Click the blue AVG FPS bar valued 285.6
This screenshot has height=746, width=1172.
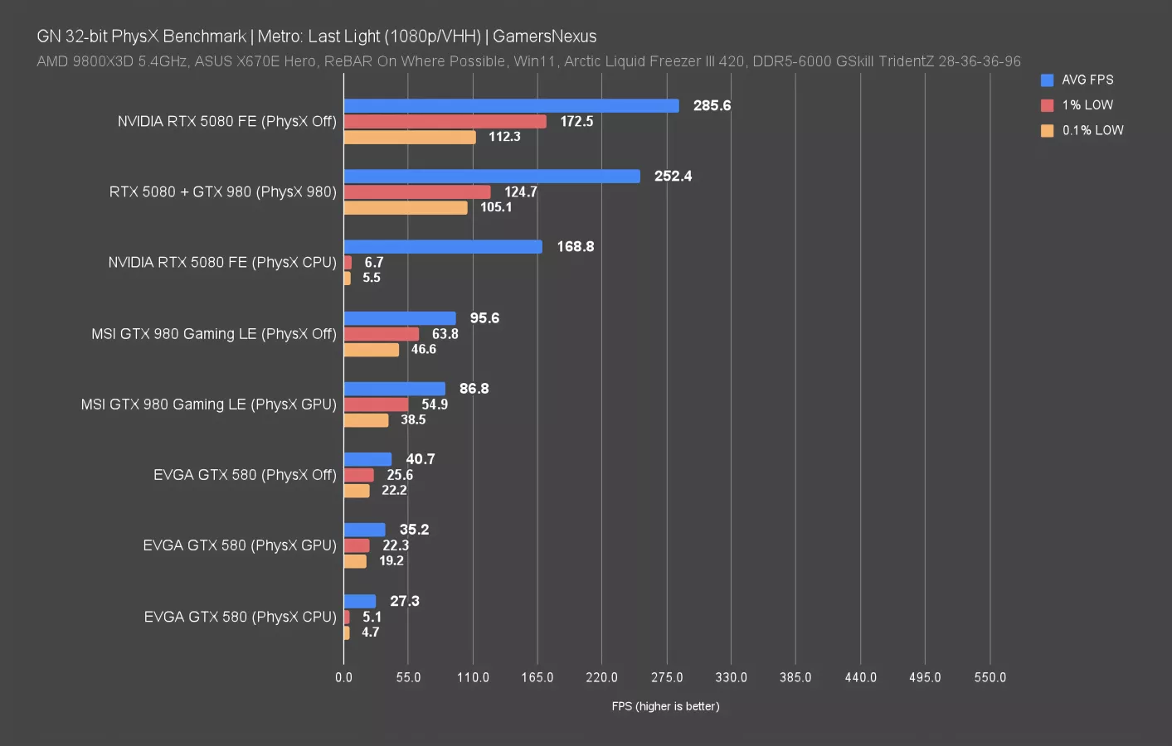click(x=511, y=105)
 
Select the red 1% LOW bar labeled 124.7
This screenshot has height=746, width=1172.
click(x=417, y=191)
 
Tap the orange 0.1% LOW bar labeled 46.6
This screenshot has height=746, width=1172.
click(x=372, y=350)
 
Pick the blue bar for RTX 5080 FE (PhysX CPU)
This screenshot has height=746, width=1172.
click(x=443, y=247)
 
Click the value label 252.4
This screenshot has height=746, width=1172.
click(x=673, y=176)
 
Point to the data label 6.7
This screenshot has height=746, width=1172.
click(x=374, y=262)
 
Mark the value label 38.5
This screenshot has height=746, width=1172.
click(x=413, y=419)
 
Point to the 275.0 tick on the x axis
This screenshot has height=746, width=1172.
click(x=667, y=677)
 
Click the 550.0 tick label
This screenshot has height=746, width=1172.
click(x=990, y=677)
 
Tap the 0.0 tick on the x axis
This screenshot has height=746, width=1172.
click(x=344, y=677)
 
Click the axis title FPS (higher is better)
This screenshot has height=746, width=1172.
click(x=666, y=706)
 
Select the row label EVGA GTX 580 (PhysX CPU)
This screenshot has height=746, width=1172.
click(x=241, y=617)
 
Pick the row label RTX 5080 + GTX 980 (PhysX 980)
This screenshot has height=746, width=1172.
click(x=223, y=191)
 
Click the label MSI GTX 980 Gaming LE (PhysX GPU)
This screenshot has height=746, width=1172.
click(x=209, y=404)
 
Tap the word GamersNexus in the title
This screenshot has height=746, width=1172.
click(x=545, y=36)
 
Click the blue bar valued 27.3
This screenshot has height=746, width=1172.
click(x=360, y=601)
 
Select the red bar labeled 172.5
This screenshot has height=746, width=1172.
click(x=445, y=121)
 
